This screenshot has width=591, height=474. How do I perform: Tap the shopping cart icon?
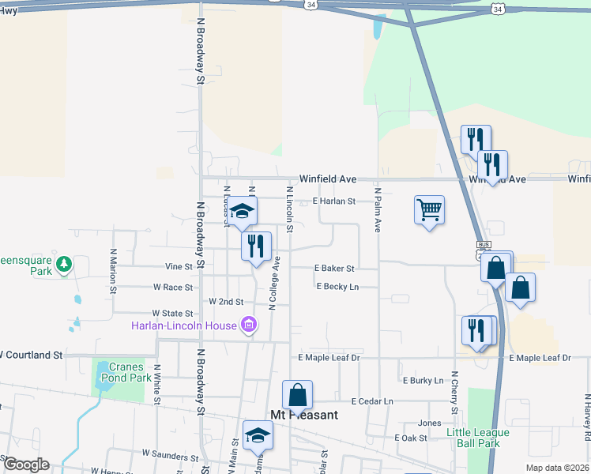tap(429, 210)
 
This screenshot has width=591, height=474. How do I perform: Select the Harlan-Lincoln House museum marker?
tap(250, 324)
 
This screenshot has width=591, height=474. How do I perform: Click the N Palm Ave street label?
tap(378, 210)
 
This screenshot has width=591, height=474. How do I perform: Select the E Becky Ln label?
tap(337, 287)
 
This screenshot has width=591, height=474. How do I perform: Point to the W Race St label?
tap(173, 287)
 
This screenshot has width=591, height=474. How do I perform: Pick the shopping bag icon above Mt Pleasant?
tap(297, 394)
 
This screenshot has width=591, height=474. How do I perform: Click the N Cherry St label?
tap(454, 392)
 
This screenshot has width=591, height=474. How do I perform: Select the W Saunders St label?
tap(170, 454)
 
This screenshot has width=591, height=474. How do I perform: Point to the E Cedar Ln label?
tap(372, 401)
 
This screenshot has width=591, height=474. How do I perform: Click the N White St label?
tap(157, 384)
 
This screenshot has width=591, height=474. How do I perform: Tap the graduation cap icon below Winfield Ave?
tap(243, 211)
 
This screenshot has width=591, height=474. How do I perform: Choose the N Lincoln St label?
tap(289, 210)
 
